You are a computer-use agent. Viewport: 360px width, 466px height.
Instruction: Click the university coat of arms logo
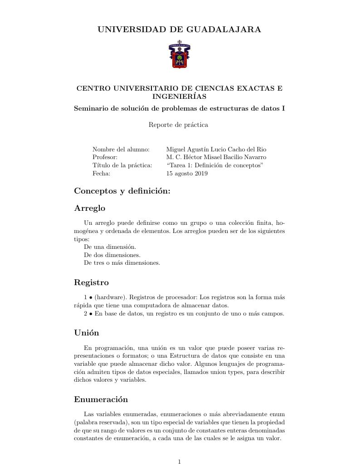[180, 55]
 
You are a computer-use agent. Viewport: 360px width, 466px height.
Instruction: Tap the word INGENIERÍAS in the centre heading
[180, 97]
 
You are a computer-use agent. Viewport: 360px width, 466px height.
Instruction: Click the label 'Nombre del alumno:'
[121, 149]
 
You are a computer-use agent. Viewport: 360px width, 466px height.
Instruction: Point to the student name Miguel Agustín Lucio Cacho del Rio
[216, 149]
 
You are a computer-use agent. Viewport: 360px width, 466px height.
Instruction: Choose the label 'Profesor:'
[105, 157]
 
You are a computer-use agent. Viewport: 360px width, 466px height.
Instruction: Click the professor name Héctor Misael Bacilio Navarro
[224, 157]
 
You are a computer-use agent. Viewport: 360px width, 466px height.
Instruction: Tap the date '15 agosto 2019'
[187, 174]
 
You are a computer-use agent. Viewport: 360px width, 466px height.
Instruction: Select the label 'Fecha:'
[102, 174]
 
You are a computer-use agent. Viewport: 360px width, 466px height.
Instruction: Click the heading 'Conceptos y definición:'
[122, 191]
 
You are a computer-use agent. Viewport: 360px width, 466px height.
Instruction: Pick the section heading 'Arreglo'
[89, 209]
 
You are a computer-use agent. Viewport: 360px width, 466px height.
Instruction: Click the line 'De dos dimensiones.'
[112, 255]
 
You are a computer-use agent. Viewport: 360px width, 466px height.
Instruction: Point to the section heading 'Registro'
[91, 283]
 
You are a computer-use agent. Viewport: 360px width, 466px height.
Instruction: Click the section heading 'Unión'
[87, 333]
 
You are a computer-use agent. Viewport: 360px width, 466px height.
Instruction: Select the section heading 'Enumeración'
[101, 400]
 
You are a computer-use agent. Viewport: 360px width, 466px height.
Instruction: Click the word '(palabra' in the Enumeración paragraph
[86, 422]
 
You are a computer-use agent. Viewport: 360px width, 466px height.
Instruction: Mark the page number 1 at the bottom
[180, 462]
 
